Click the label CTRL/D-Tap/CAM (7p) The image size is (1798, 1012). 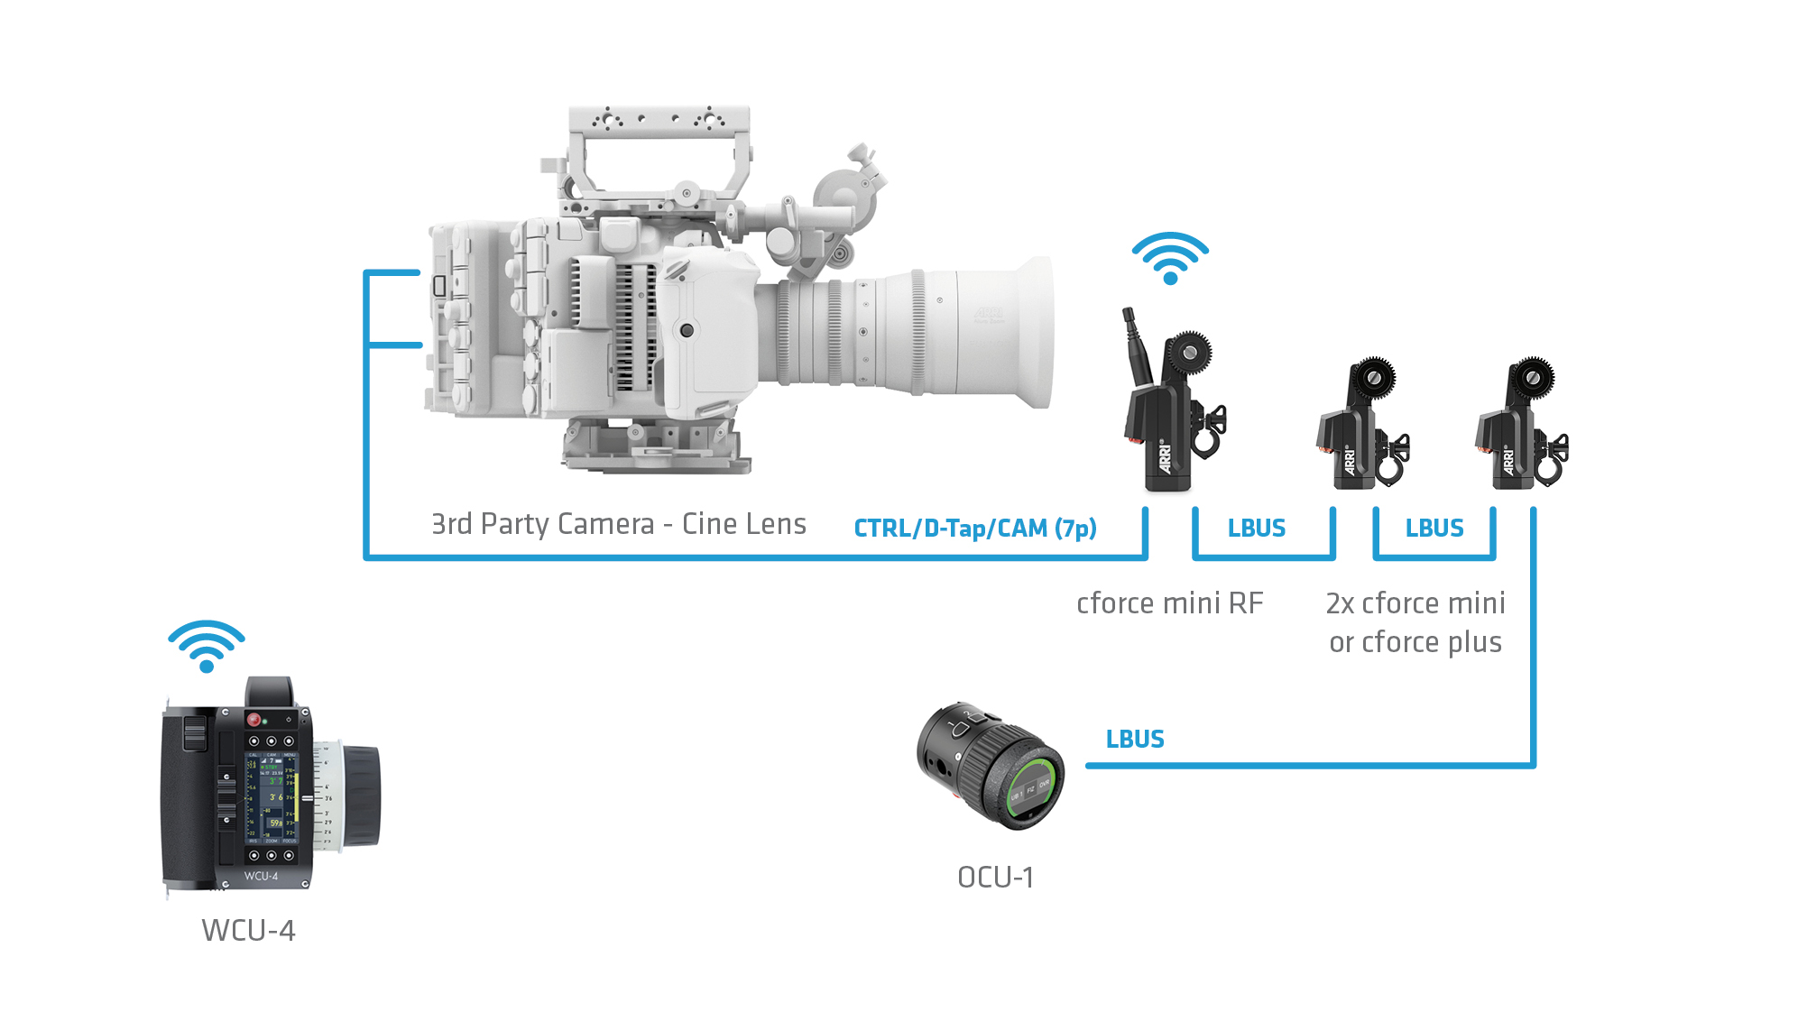pos(975,528)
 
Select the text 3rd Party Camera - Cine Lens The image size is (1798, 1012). pos(618,524)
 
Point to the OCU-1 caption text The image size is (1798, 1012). pos(995,877)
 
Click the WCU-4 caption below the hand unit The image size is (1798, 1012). pos(248,930)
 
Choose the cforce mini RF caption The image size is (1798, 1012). pos(1169,603)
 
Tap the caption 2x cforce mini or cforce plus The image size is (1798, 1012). pos(1415,622)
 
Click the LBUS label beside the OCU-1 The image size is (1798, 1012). pos(1135,740)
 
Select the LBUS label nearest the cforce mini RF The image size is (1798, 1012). pos(1256,529)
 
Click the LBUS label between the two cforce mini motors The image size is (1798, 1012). pos(1434,529)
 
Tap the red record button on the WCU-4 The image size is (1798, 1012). pos(254,720)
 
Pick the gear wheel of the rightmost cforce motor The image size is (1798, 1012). pos(1532,376)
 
